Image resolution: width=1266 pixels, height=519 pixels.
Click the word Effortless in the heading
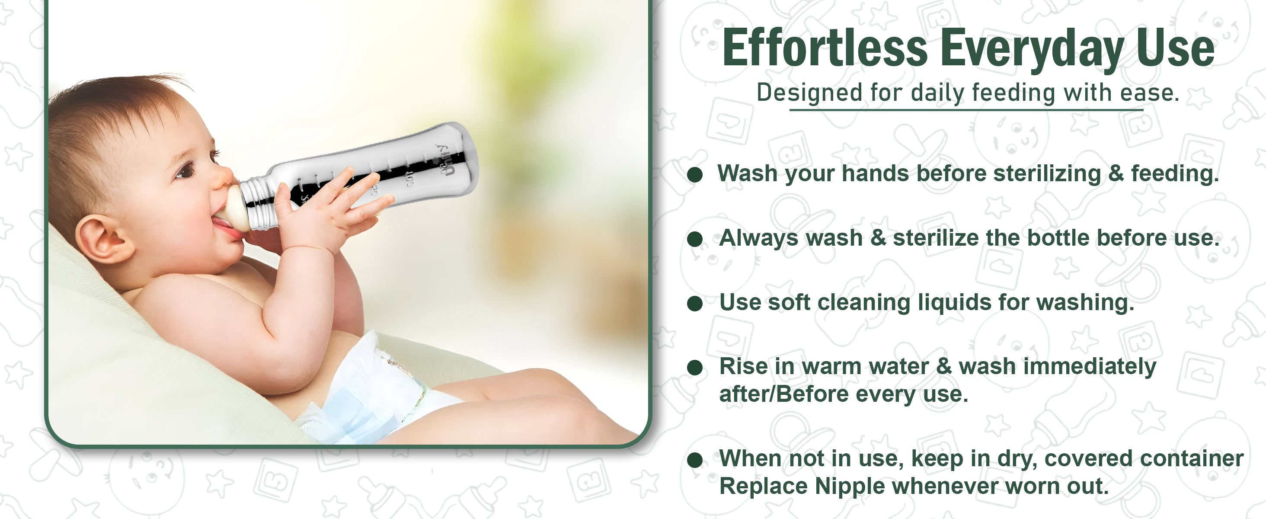point(825,48)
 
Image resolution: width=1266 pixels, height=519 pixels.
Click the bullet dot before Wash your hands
point(695,174)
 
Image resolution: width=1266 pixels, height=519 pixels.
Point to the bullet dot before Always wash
point(695,239)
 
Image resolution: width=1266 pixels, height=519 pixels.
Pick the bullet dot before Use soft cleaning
point(695,303)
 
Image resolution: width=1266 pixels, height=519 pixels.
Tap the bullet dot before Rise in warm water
point(695,368)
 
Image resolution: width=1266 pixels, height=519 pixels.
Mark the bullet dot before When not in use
point(695,460)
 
